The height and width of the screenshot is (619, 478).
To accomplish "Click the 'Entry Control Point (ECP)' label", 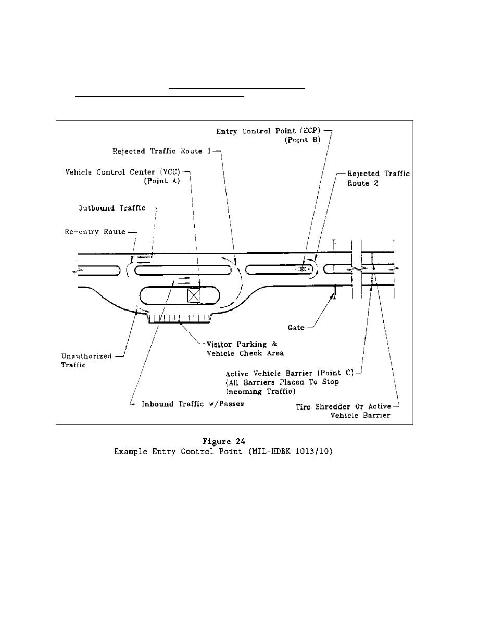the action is (268, 131).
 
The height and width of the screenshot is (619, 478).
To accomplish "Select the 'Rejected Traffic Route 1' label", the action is (162, 151).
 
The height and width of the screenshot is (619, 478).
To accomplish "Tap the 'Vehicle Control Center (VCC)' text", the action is (123, 172).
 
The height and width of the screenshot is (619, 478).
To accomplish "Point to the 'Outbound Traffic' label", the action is (111, 208).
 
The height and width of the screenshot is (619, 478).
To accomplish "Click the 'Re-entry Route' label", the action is (95, 232).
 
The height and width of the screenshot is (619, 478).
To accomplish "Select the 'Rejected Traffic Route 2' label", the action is (379, 178).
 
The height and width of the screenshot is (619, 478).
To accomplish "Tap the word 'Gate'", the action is (296, 328).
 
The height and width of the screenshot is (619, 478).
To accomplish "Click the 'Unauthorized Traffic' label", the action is (86, 361).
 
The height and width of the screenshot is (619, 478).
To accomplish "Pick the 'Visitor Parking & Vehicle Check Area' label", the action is (245, 349).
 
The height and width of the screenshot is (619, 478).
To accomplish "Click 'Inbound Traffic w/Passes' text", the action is (193, 404).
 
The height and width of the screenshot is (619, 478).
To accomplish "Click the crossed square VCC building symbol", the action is (194, 295).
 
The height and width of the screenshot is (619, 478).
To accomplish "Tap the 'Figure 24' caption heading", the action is (223, 441).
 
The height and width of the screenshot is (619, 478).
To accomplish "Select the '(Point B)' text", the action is (303, 140).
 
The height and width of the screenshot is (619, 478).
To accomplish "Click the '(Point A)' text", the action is (162, 181).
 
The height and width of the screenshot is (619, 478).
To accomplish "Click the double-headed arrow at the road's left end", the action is (78, 271).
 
